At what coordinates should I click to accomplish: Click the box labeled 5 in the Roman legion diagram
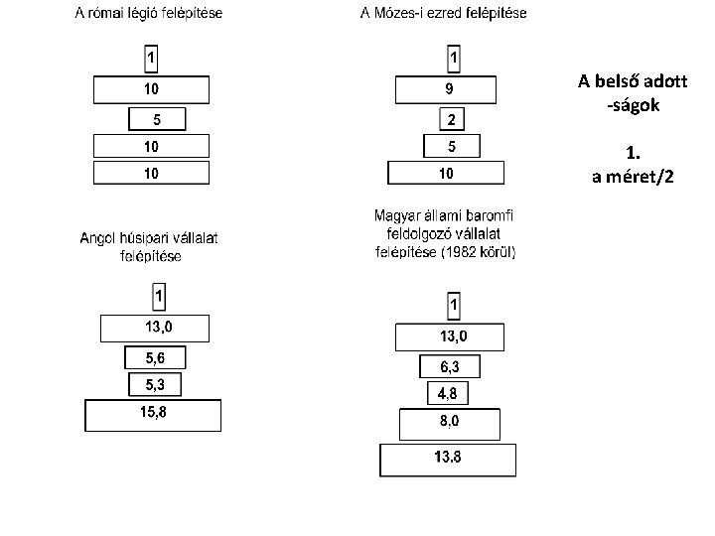click(157, 119)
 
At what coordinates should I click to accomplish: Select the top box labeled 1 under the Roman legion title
click(151, 59)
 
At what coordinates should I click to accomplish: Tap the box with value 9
click(446, 89)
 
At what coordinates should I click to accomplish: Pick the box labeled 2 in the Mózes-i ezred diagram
click(452, 119)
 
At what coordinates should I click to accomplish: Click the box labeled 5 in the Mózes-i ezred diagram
click(452, 146)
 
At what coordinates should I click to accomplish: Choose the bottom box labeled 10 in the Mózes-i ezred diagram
click(446, 173)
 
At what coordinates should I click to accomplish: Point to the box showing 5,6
click(155, 357)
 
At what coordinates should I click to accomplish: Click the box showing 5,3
click(155, 384)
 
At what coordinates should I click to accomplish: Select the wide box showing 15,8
click(153, 415)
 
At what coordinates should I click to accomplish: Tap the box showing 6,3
click(450, 366)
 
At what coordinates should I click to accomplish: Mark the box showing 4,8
click(448, 393)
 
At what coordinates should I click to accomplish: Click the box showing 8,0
click(450, 425)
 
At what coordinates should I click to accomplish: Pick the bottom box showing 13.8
click(448, 460)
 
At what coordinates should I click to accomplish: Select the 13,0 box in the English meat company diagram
click(155, 329)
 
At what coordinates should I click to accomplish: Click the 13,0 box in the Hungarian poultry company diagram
click(450, 337)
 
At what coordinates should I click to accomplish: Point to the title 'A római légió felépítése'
click(149, 13)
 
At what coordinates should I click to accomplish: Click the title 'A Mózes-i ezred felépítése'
click(443, 13)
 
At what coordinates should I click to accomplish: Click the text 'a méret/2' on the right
click(633, 177)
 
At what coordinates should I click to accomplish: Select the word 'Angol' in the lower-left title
click(96, 238)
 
